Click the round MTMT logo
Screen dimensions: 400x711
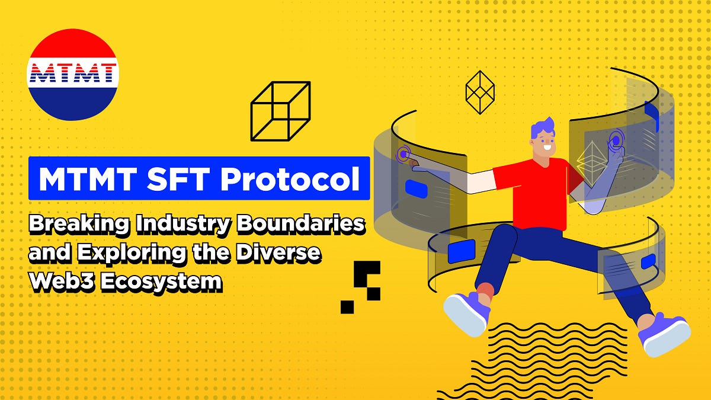pos(73,75)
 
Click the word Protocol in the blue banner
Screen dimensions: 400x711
pos(290,178)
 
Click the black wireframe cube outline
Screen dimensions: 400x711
pos(280,111)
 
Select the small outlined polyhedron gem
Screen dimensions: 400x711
pos(480,92)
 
